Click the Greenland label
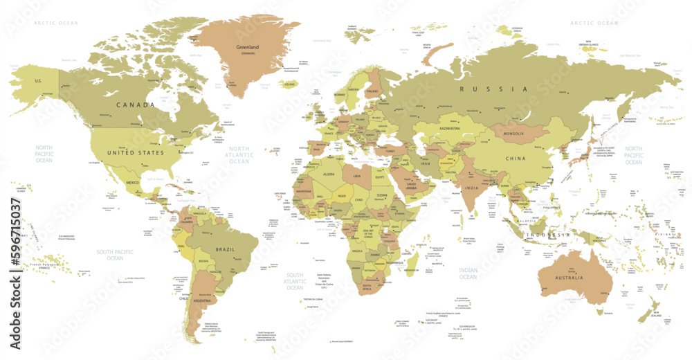(247, 47)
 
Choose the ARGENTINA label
(203, 302)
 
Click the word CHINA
(516, 159)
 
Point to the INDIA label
(472, 188)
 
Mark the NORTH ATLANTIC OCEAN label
(239, 154)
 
